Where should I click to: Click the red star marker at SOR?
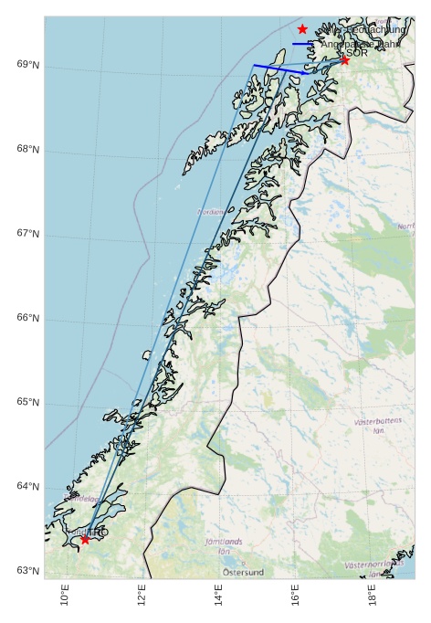click(344, 60)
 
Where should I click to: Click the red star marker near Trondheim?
click(85, 539)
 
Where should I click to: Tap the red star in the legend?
click(302, 29)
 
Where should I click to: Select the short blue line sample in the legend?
click(302, 43)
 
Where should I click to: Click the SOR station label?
click(357, 53)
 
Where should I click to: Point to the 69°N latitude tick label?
click(27, 65)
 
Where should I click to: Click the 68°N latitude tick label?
click(27, 149)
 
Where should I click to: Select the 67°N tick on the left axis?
click(27, 234)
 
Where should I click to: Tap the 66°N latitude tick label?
click(27, 318)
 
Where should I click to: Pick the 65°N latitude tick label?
click(27, 402)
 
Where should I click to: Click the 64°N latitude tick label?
click(27, 487)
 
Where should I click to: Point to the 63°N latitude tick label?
click(27, 571)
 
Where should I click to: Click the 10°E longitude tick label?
click(65, 595)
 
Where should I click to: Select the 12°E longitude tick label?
click(142, 595)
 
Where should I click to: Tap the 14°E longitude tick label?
click(218, 595)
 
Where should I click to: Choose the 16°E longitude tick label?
click(295, 595)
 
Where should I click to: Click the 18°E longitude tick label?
click(373, 595)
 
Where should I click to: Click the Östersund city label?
click(243, 573)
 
